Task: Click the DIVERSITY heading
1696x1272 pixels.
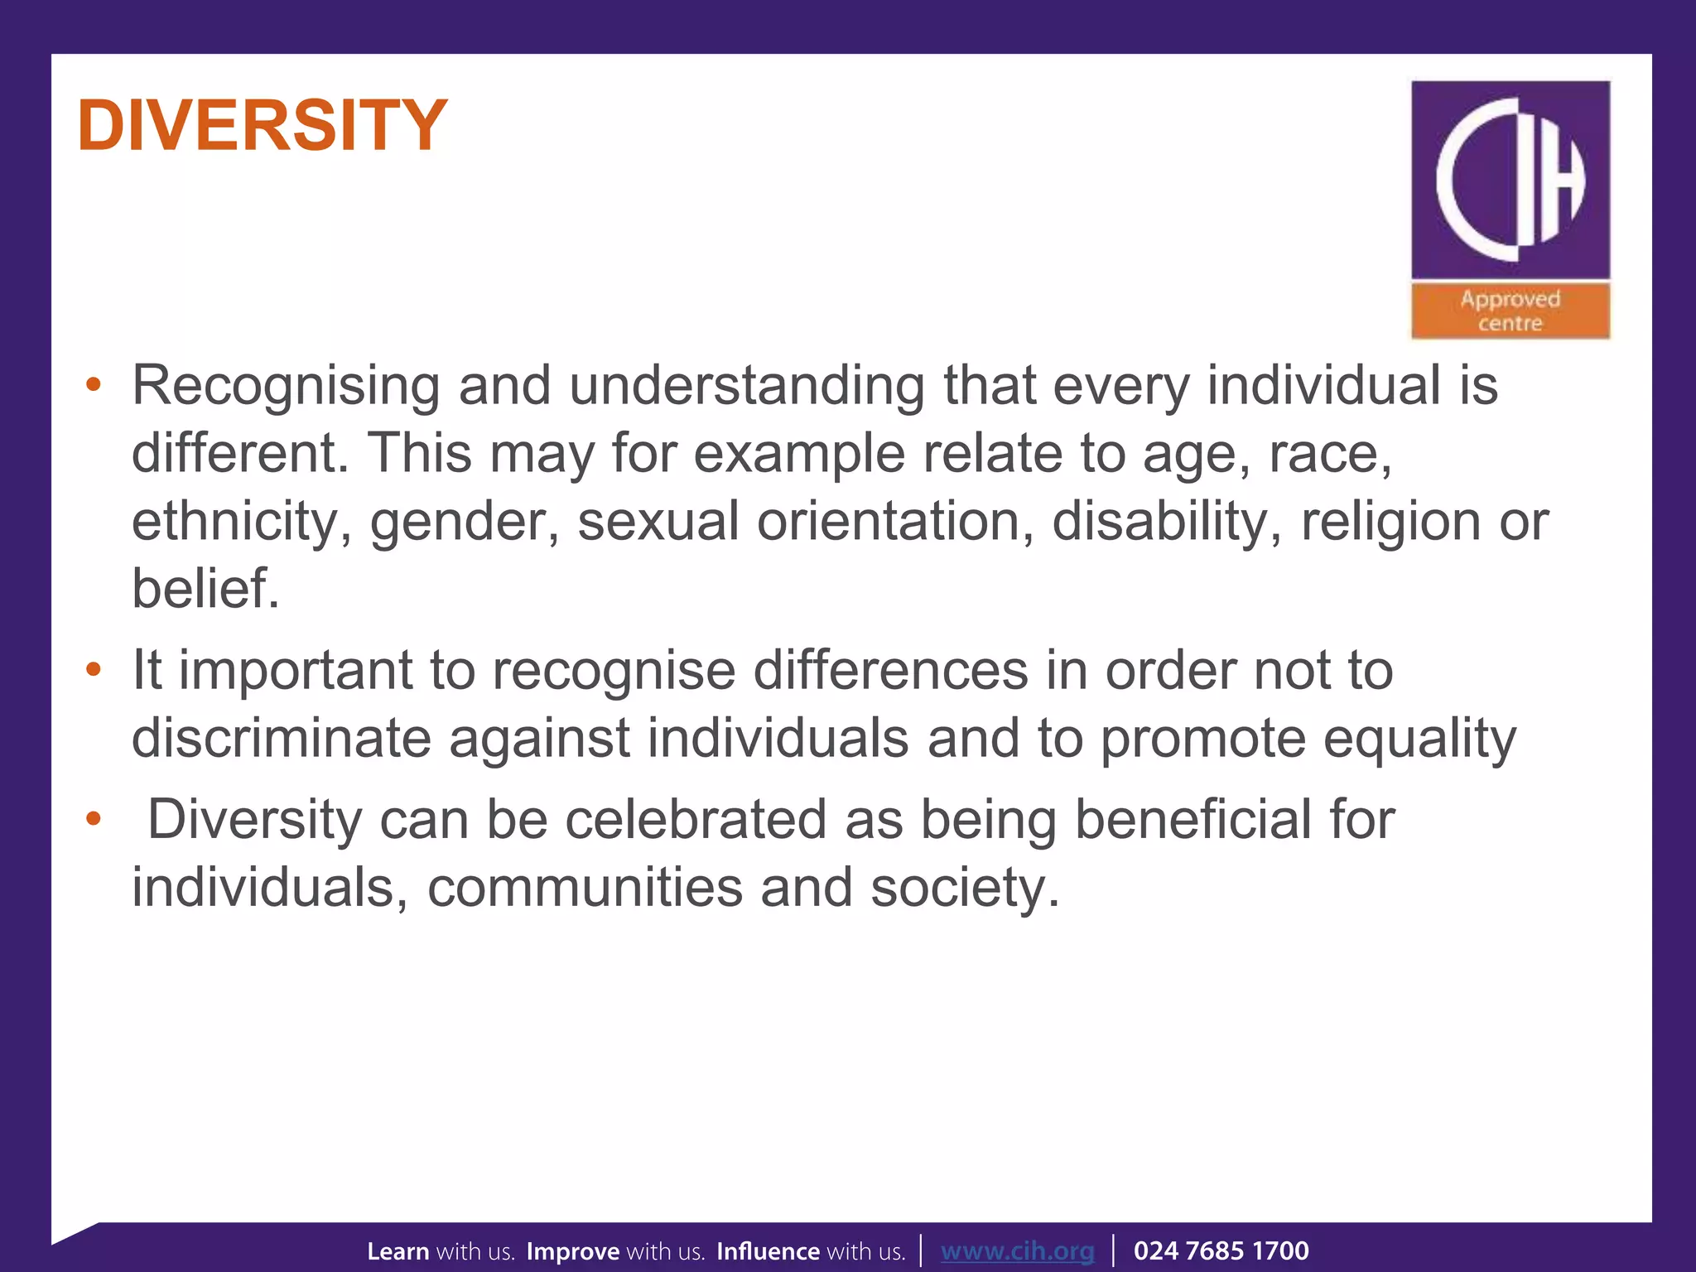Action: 263,126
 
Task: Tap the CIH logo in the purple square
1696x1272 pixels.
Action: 1510,179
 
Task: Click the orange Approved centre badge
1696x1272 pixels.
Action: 1510,311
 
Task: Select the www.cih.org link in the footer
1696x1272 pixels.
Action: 1017,1250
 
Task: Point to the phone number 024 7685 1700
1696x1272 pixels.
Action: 1221,1250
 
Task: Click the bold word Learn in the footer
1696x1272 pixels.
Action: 398,1250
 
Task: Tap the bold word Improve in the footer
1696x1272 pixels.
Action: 573,1250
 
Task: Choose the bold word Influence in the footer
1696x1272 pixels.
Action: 768,1250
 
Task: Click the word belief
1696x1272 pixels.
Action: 205,589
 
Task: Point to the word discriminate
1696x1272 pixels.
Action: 282,738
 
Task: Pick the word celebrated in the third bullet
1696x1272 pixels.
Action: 696,820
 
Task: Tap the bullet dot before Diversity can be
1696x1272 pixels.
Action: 94,820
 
